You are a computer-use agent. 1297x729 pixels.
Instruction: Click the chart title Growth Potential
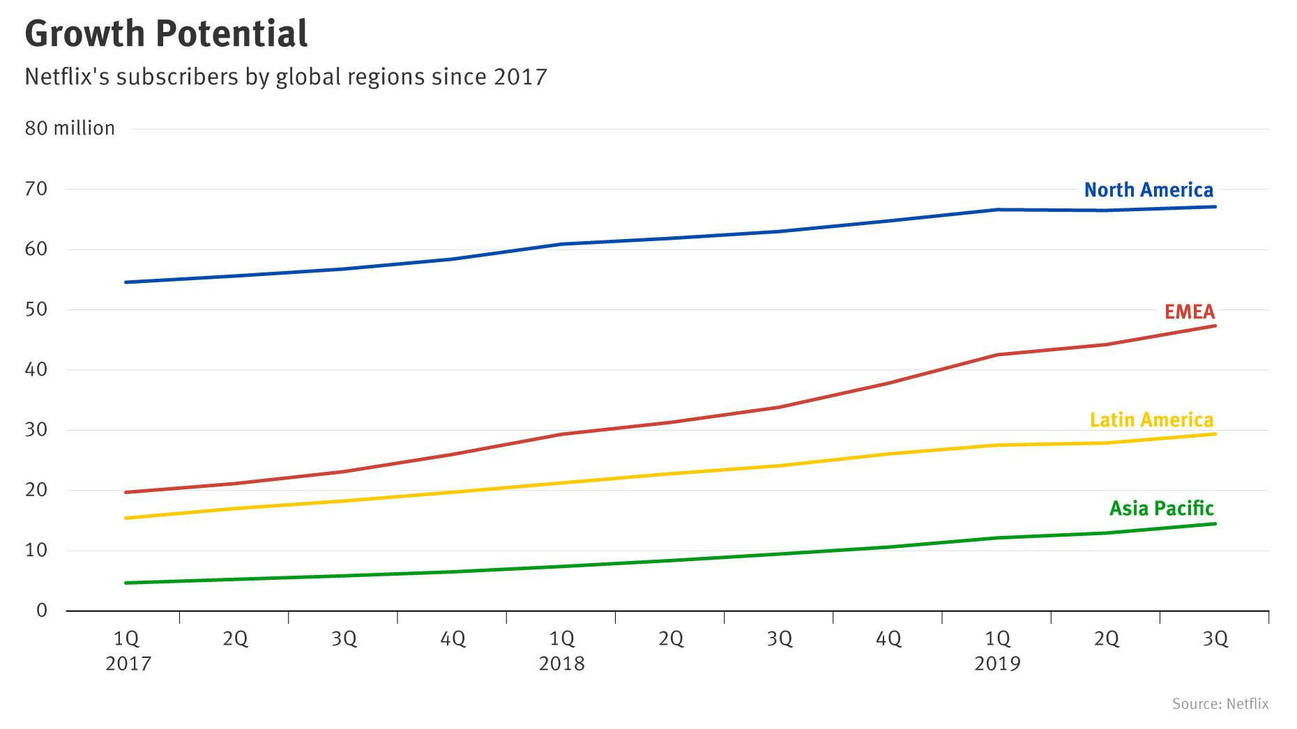click(166, 33)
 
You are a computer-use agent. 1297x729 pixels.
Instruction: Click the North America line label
click(1148, 190)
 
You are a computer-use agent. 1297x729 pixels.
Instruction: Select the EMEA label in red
click(1190, 311)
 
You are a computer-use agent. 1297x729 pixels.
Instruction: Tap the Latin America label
click(1151, 420)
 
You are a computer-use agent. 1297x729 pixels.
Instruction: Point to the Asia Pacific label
click(1161, 508)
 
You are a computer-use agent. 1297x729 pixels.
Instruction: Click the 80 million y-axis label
click(70, 128)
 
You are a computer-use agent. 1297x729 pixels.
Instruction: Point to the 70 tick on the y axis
click(36, 189)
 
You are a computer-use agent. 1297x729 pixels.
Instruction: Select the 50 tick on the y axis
click(36, 309)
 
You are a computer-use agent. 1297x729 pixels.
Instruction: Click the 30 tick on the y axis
click(36, 430)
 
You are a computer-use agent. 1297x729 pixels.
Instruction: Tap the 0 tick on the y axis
click(42, 611)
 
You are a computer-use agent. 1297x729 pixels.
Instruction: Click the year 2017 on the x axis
click(128, 663)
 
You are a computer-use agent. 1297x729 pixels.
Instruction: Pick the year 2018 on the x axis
click(561, 663)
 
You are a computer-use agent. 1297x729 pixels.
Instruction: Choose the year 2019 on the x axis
click(996, 663)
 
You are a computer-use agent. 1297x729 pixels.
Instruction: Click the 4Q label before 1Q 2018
click(453, 638)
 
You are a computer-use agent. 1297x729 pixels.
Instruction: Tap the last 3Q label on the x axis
click(1215, 638)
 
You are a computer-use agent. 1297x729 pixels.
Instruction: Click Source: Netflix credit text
click(1220, 704)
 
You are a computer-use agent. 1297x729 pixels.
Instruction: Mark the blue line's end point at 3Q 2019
click(1215, 206)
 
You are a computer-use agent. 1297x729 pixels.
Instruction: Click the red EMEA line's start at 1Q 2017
click(126, 492)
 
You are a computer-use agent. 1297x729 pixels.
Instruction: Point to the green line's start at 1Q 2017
click(126, 583)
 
